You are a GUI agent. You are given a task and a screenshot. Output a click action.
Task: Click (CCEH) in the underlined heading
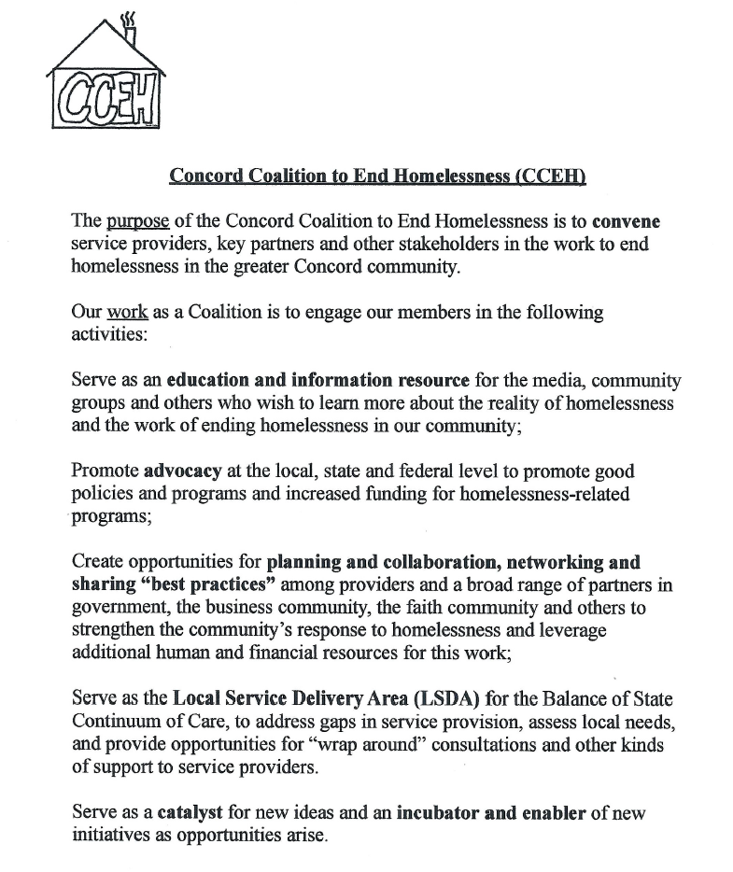point(550,176)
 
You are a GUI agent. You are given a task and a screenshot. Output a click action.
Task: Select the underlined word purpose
point(137,222)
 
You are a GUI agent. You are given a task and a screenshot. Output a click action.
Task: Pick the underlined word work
point(128,312)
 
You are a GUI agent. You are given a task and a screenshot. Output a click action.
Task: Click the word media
point(557,381)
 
